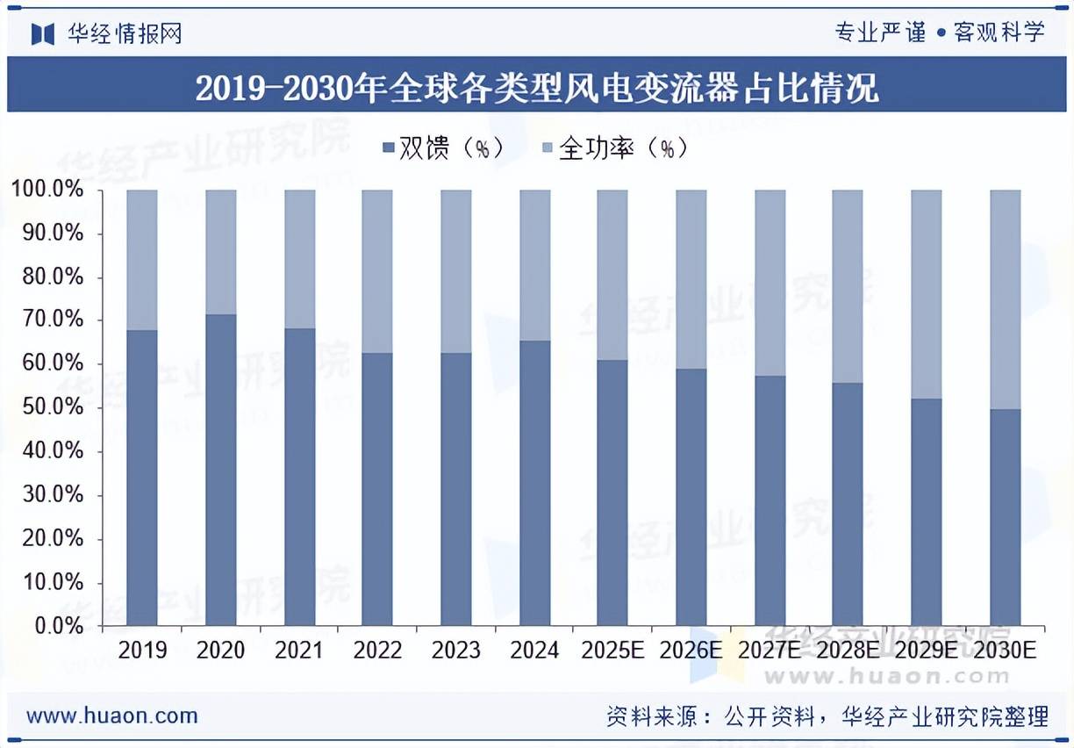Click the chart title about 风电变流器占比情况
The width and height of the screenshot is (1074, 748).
(x=537, y=89)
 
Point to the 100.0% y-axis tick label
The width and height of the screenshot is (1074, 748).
(x=47, y=190)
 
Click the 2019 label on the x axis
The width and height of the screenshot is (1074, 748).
(x=142, y=651)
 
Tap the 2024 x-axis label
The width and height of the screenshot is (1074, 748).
(x=534, y=651)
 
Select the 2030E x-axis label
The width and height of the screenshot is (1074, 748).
(x=1005, y=651)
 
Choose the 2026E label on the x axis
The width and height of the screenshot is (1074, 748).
(x=691, y=651)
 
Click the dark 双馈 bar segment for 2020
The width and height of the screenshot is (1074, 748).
(x=221, y=470)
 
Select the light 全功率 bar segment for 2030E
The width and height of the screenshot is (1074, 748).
(x=1006, y=298)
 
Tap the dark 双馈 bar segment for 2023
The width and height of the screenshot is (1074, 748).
(x=456, y=489)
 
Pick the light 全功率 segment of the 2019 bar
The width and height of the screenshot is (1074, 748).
(x=142, y=259)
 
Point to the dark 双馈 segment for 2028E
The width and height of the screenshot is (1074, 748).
(x=848, y=504)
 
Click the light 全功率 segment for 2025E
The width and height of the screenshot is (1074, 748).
(x=612, y=274)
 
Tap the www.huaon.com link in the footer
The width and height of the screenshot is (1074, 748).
(x=112, y=716)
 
